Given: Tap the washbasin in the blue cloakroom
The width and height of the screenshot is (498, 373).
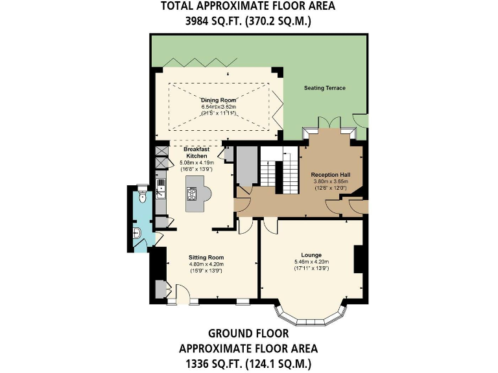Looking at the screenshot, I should tap(137, 234).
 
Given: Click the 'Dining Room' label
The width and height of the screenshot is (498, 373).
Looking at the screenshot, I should tap(219, 100).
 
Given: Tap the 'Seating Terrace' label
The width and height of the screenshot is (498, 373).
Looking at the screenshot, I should tap(325, 88).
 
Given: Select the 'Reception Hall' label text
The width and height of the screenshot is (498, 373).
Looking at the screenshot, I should tap(330, 175).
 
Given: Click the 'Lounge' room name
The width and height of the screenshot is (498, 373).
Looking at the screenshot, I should tap(311, 254).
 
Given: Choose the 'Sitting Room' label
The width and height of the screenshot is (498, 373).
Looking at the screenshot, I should tap(206, 257).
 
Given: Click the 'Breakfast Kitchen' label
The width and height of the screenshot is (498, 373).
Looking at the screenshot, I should tap(196, 152).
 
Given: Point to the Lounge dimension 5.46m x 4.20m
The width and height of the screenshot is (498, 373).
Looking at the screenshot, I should tap(311, 262).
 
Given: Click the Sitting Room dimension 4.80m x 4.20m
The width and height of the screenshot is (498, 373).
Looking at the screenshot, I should tap(206, 264).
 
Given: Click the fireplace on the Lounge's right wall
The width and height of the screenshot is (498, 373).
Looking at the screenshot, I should tap(357, 259).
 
